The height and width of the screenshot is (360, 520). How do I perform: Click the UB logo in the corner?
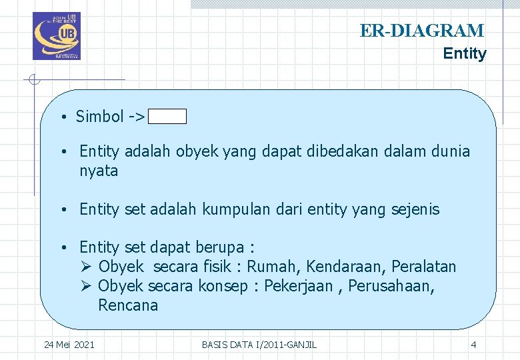click(x=57, y=36)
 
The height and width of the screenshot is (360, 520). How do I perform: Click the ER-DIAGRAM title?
click(x=421, y=31)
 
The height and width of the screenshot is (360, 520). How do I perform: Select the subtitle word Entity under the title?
click(x=465, y=53)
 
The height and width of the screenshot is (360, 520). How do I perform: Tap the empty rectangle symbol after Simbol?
click(x=167, y=117)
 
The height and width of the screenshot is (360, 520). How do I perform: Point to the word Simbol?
click(x=99, y=117)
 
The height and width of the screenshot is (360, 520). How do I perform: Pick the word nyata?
click(x=99, y=171)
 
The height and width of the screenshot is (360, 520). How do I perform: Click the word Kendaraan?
click(x=345, y=267)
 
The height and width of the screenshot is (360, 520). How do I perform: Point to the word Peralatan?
click(x=424, y=267)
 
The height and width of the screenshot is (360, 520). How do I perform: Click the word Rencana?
click(x=128, y=305)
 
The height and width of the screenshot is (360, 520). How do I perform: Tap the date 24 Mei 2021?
click(x=69, y=344)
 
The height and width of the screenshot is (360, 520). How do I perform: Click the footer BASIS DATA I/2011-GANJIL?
click(x=259, y=344)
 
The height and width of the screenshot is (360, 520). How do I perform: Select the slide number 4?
click(x=473, y=344)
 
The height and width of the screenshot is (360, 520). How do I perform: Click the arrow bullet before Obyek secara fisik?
click(x=85, y=267)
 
